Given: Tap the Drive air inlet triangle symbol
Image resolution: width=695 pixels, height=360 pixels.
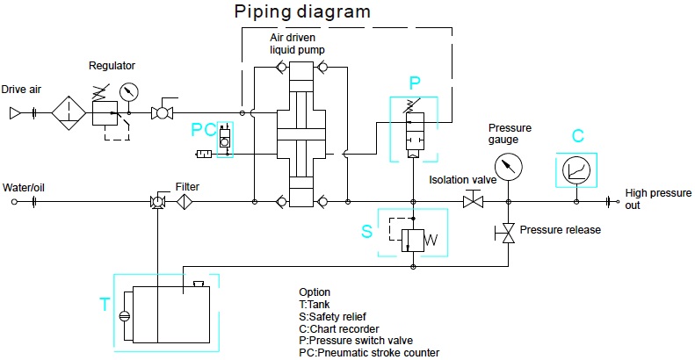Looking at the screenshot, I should (15, 112).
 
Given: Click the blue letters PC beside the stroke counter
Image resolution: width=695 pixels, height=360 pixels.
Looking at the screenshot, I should (203, 130).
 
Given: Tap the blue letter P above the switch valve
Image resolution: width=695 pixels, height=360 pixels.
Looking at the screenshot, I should (416, 83).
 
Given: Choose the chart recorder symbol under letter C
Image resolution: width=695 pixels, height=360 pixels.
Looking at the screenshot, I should (577, 167).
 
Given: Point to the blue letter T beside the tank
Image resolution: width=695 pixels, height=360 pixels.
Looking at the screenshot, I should (105, 305).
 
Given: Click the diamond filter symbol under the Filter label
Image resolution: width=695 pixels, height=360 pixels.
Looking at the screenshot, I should (185, 202).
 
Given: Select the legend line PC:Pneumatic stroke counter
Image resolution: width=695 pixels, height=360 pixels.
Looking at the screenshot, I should (369, 353).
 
